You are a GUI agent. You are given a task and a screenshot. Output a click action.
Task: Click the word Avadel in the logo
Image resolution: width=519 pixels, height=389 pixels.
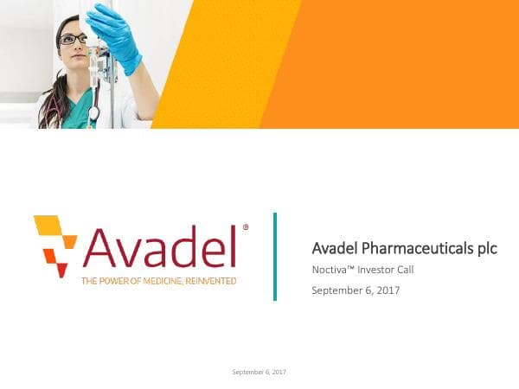(x=159, y=248)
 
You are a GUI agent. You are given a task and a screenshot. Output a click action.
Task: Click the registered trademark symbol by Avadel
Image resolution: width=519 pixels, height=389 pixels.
(x=246, y=227)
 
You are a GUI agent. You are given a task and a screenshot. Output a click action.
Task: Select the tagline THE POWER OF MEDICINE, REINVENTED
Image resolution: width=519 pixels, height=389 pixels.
(x=158, y=281)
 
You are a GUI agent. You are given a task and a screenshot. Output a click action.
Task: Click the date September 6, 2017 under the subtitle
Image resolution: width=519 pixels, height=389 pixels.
(x=356, y=290)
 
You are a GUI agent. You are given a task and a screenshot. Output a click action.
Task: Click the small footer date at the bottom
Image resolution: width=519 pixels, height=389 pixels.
(x=259, y=372)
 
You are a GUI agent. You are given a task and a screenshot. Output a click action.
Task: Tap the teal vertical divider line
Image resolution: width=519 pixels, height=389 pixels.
(x=275, y=256)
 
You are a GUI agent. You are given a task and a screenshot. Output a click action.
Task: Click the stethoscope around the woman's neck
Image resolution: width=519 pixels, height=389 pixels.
(x=93, y=111)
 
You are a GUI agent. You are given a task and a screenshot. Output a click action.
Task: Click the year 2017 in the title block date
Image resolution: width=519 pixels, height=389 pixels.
(x=388, y=290)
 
